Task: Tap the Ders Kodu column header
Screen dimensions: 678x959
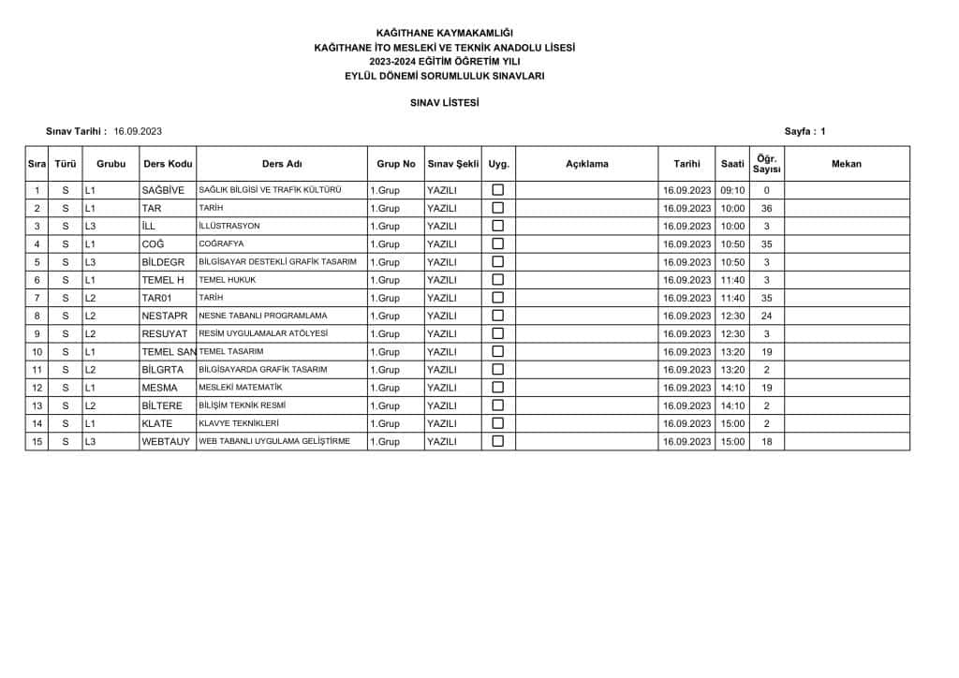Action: (168, 164)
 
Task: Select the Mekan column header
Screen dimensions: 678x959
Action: (846, 164)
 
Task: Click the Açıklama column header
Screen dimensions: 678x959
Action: (587, 164)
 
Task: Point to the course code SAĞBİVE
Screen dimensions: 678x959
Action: (163, 190)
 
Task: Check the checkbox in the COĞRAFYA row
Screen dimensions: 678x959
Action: (498, 243)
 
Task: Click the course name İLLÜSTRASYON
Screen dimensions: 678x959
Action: (229, 226)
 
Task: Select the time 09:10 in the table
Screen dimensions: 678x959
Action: (732, 190)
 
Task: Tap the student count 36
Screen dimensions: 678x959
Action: (766, 208)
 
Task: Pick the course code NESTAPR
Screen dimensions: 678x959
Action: (165, 316)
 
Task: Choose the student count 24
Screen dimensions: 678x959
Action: (766, 316)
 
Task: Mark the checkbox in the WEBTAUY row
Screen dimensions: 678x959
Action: (498, 441)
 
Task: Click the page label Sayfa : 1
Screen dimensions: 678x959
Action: (804, 131)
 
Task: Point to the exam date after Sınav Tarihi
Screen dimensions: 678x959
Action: (139, 131)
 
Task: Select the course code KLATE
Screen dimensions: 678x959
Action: (156, 423)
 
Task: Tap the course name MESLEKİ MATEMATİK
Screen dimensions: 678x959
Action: (241, 388)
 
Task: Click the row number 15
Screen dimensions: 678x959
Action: (37, 441)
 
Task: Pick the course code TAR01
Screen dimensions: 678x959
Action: (155, 298)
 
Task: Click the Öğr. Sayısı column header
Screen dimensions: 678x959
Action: (766, 164)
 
